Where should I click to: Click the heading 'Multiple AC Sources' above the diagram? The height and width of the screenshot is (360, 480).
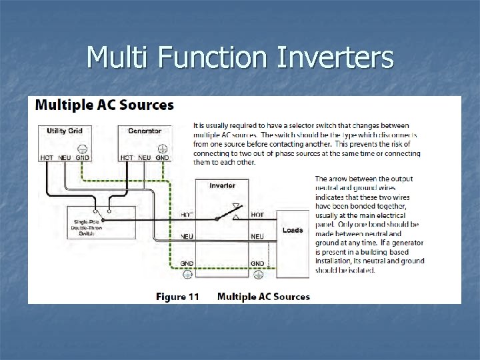pyautogui.click(x=104, y=105)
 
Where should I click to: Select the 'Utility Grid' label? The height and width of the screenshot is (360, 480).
pyautogui.click(x=65, y=131)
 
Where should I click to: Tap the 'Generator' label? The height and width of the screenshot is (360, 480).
pyautogui.click(x=145, y=131)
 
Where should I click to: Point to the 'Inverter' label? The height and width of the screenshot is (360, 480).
pyautogui.click(x=222, y=185)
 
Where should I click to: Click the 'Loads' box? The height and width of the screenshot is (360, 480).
pyautogui.click(x=293, y=231)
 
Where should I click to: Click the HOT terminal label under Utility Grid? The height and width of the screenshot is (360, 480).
pyautogui.click(x=47, y=157)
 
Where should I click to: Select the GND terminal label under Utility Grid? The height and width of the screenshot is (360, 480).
pyautogui.click(x=82, y=157)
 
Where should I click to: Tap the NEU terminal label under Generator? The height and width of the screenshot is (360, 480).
pyautogui.click(x=145, y=157)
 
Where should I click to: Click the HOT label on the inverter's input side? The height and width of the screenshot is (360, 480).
pyautogui.click(x=187, y=215)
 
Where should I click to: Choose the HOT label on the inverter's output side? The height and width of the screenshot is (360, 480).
pyautogui.click(x=257, y=215)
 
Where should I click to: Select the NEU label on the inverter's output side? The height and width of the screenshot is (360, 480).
pyautogui.click(x=257, y=237)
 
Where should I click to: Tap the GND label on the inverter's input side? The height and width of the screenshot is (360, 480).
pyautogui.click(x=187, y=264)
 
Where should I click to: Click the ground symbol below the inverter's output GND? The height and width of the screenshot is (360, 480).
pyautogui.click(x=257, y=273)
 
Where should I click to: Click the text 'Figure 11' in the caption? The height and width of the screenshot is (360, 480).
pyautogui.click(x=177, y=297)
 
